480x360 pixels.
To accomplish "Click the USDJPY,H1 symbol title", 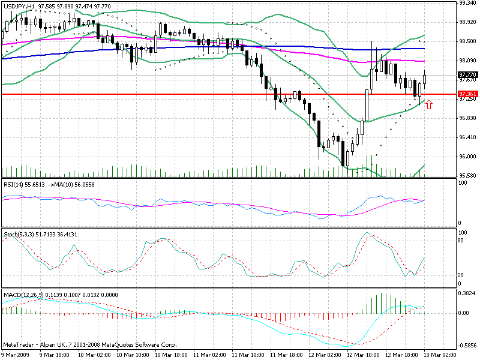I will (x=19, y=5).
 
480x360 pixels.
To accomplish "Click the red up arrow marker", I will (x=428, y=105).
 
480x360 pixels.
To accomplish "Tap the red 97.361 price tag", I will (x=467, y=94).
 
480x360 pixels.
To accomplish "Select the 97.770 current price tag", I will (x=467, y=74).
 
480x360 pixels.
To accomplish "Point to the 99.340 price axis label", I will (x=467, y=3).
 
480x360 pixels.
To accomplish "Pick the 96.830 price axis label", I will (x=467, y=118).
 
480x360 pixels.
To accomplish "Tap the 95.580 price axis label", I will (x=467, y=175).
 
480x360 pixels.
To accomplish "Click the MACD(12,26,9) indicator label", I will (x=22, y=295).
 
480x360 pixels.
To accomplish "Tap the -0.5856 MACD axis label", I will (x=467, y=346).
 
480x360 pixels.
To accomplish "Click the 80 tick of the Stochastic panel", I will (x=462, y=240).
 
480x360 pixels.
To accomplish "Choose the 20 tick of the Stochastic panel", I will (x=462, y=275).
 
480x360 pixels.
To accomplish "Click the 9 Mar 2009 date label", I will (x=14, y=355).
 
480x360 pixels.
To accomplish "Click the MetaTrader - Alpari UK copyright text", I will (x=90, y=346).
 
